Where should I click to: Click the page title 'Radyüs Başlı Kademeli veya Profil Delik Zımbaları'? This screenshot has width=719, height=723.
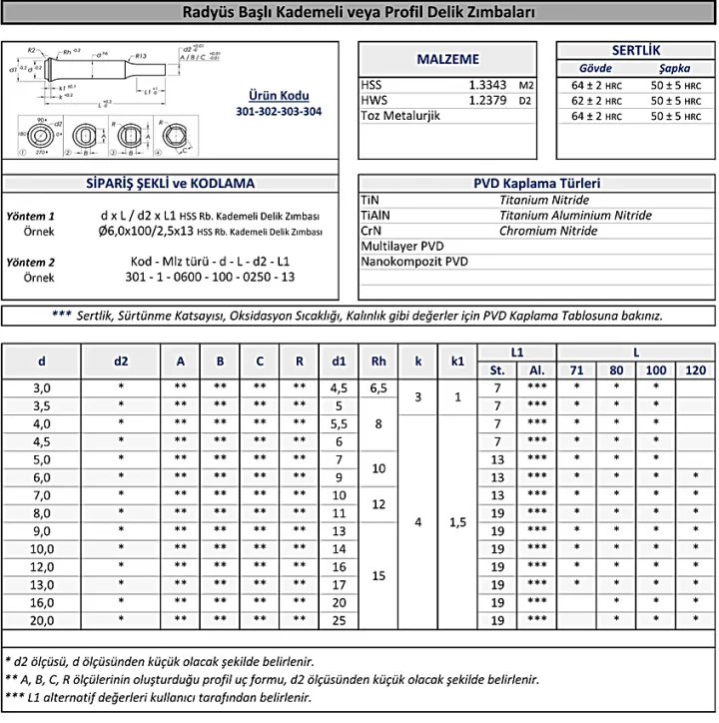[359, 14]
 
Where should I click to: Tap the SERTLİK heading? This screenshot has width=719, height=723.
[635, 50]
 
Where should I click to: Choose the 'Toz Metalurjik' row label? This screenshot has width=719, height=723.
[400, 116]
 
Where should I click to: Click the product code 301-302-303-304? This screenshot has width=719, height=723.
[279, 112]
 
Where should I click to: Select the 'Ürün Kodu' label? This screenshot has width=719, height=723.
[279, 96]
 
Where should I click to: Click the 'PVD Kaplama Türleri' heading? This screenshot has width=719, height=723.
[536, 184]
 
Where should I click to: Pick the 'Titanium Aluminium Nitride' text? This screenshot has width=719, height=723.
[575, 215]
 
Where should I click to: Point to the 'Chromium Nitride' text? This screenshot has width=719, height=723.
[548, 231]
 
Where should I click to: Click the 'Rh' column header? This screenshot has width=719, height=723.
[378, 361]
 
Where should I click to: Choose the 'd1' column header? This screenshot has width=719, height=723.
[339, 361]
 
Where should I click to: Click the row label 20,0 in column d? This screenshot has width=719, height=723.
[42, 620]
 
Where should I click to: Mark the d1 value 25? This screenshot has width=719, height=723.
[339, 620]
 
